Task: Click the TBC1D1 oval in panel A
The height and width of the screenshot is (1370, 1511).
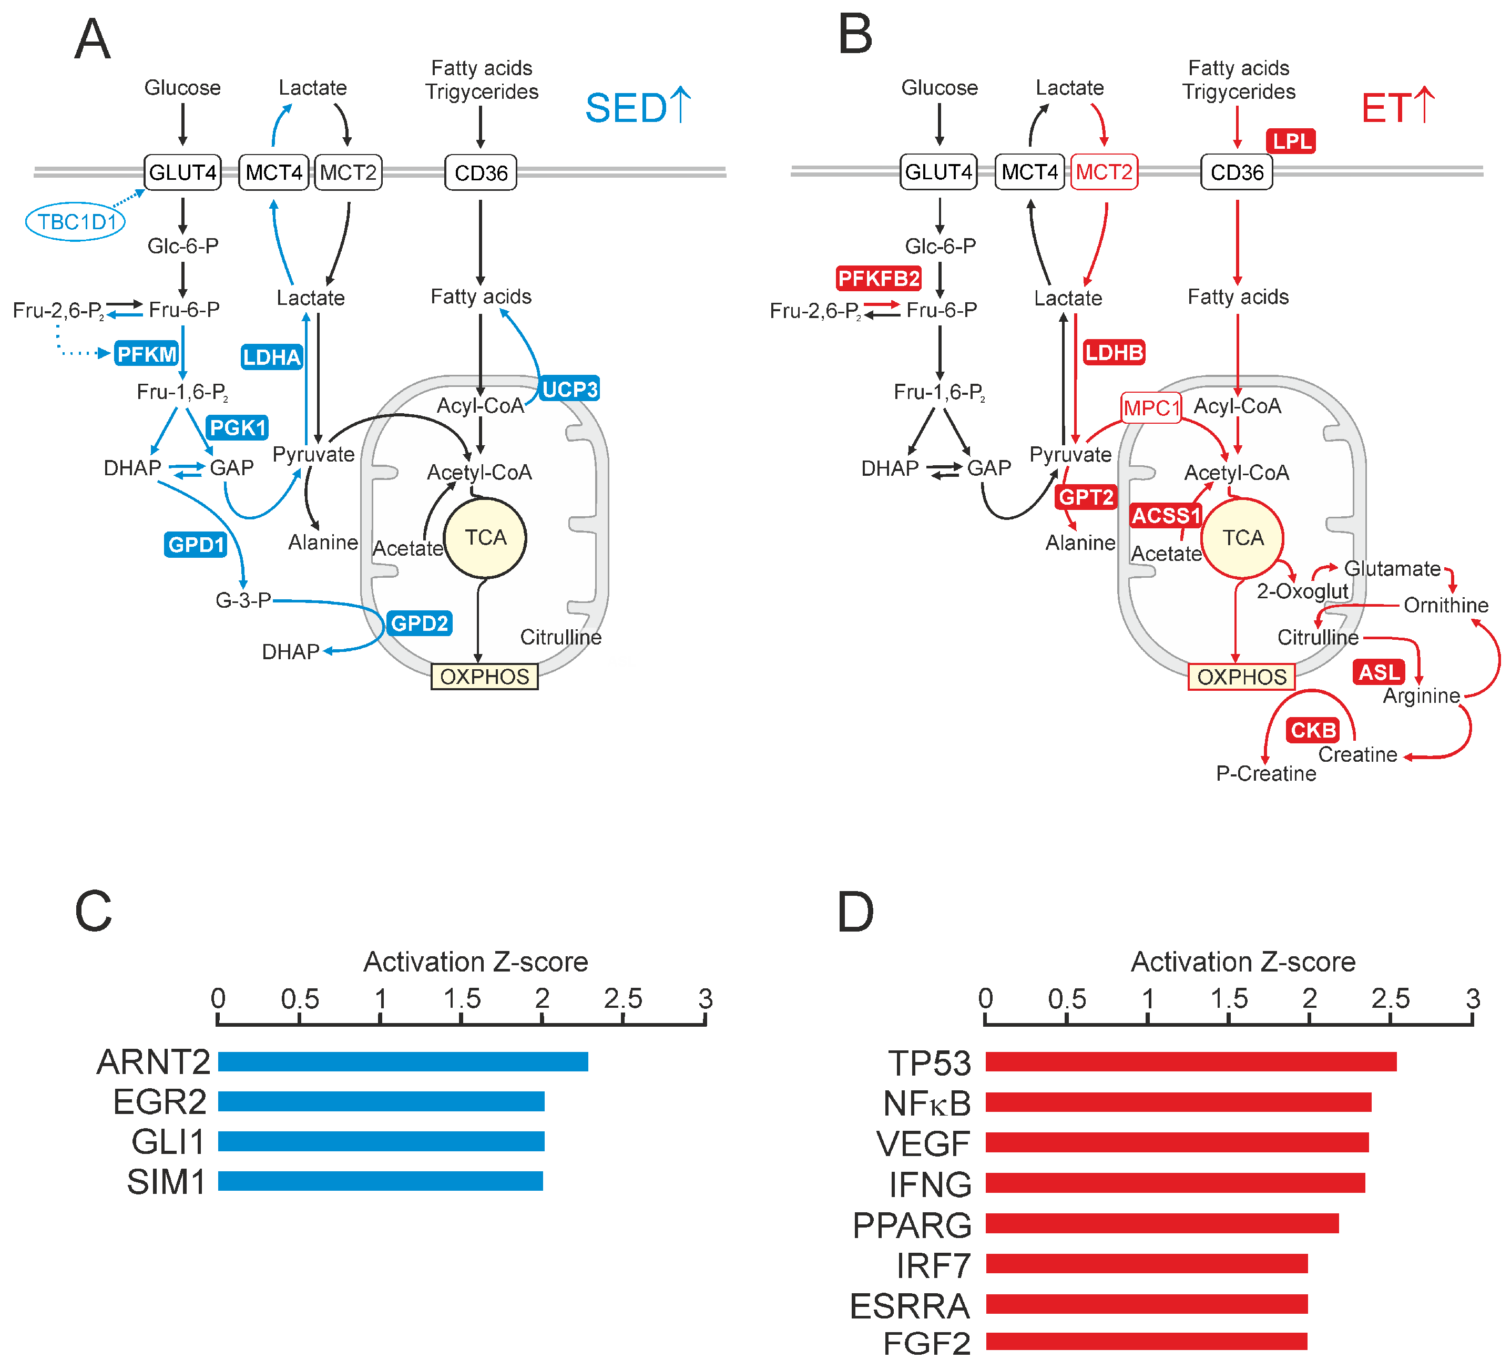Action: tap(75, 222)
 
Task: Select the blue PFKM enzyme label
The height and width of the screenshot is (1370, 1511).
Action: tap(147, 354)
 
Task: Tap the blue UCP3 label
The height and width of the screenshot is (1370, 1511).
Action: tap(569, 389)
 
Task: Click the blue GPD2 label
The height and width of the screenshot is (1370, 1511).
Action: tap(419, 623)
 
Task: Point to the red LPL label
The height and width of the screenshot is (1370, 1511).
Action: tap(1291, 141)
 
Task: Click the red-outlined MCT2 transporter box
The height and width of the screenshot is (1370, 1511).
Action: tap(1104, 172)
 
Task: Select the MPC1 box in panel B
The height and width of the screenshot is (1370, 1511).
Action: tap(1151, 408)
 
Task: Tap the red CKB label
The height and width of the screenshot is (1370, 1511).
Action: tap(1313, 729)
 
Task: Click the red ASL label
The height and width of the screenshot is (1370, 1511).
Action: tap(1379, 671)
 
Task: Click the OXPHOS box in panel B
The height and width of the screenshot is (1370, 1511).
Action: tap(1241, 677)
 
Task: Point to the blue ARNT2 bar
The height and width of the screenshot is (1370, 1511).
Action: tap(403, 1061)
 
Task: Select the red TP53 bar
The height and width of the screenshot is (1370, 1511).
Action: tap(1190, 1061)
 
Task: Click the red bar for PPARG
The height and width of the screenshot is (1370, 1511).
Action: tap(1162, 1223)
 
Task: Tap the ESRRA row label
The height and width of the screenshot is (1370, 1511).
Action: tap(910, 1305)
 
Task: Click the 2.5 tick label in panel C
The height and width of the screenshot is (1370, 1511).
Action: tap(624, 998)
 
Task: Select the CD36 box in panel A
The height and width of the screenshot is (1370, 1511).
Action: tap(481, 173)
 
